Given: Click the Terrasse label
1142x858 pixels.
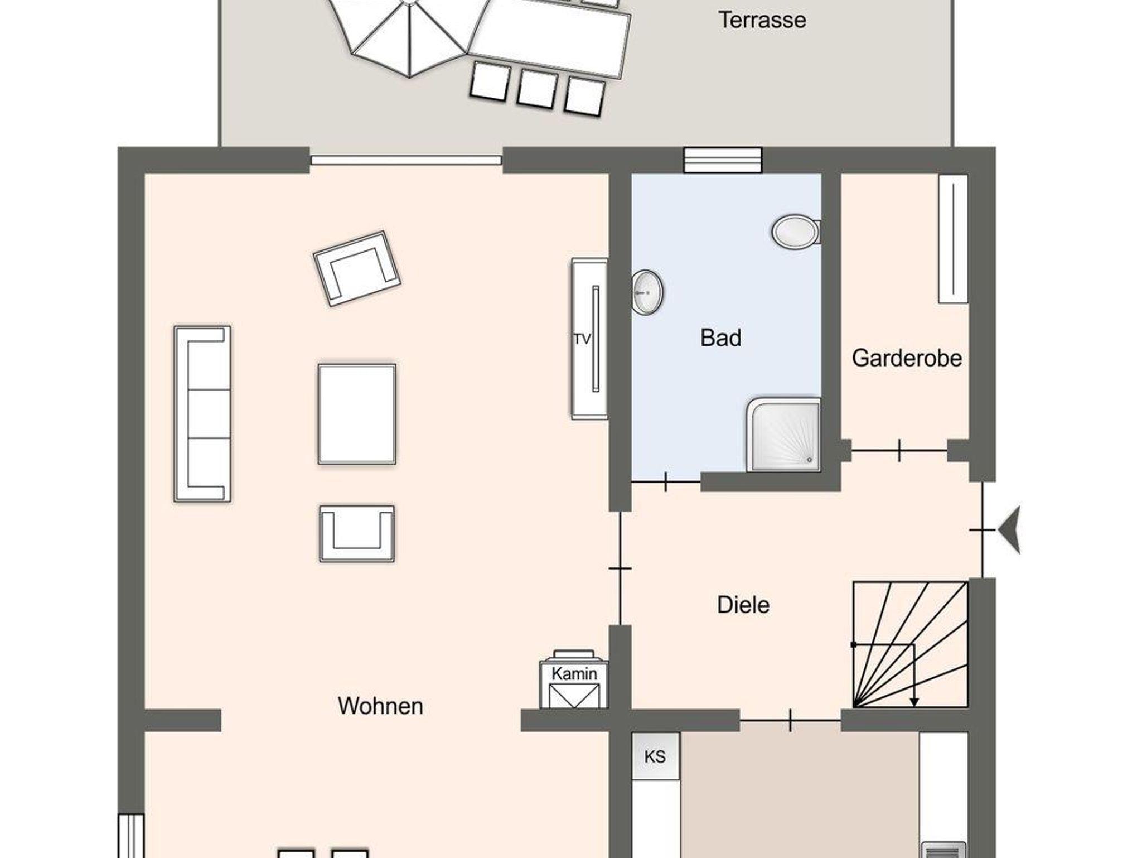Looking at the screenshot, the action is pyautogui.click(x=762, y=21).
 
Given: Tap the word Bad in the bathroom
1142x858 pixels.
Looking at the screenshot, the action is pyautogui.click(x=720, y=338).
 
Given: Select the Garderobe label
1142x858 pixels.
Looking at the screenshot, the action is pyautogui.click(x=907, y=358).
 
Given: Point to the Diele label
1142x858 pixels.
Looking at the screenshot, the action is pyautogui.click(x=743, y=605).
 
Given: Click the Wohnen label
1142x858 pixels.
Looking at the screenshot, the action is pyautogui.click(x=380, y=706).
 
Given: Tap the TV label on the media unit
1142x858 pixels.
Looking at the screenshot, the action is pyautogui.click(x=582, y=339).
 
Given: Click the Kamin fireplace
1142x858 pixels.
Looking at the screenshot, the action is pyautogui.click(x=574, y=679).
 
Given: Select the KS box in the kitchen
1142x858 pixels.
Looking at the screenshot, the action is pyautogui.click(x=656, y=756).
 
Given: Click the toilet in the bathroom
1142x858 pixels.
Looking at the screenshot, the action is pyautogui.click(x=796, y=231).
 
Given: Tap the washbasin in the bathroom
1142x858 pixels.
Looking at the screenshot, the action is pyautogui.click(x=647, y=292).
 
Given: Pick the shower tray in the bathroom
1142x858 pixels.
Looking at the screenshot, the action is pyautogui.click(x=783, y=435).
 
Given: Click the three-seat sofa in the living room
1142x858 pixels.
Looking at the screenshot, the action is pyautogui.click(x=202, y=414).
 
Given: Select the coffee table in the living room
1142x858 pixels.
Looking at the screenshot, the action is pyautogui.click(x=357, y=414).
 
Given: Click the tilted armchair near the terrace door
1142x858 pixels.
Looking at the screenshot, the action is pyautogui.click(x=357, y=268).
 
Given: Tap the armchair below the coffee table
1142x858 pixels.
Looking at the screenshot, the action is pyautogui.click(x=357, y=534).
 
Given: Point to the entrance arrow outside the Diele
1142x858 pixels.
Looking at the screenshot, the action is pyautogui.click(x=1009, y=530).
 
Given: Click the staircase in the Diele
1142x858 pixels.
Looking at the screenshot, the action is pyautogui.click(x=911, y=645).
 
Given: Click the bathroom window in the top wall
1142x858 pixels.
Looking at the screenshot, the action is pyautogui.click(x=723, y=160).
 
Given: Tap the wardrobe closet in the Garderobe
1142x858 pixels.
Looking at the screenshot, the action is pyautogui.click(x=953, y=239).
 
